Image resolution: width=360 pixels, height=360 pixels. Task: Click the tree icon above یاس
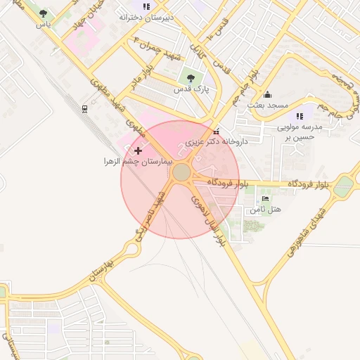(x=44, y=13)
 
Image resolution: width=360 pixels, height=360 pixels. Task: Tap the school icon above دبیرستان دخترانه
(x=146, y=6)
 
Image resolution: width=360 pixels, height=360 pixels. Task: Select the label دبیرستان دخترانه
(x=146, y=16)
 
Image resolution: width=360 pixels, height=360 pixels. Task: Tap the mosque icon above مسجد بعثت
(x=267, y=94)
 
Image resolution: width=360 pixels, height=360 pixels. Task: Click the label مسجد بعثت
(x=267, y=105)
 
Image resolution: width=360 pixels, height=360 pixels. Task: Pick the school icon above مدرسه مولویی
(x=300, y=116)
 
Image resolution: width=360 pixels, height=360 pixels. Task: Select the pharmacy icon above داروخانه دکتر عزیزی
(x=216, y=131)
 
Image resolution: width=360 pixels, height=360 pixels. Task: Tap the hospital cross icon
(x=138, y=150)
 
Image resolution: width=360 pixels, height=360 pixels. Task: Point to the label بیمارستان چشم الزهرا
(x=137, y=162)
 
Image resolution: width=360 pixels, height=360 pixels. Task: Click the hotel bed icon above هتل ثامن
(x=265, y=199)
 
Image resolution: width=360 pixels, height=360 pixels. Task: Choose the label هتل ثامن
(x=266, y=210)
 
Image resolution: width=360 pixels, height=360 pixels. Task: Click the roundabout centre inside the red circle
(x=181, y=172)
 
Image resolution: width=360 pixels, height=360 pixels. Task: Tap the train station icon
(x=84, y=108)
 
